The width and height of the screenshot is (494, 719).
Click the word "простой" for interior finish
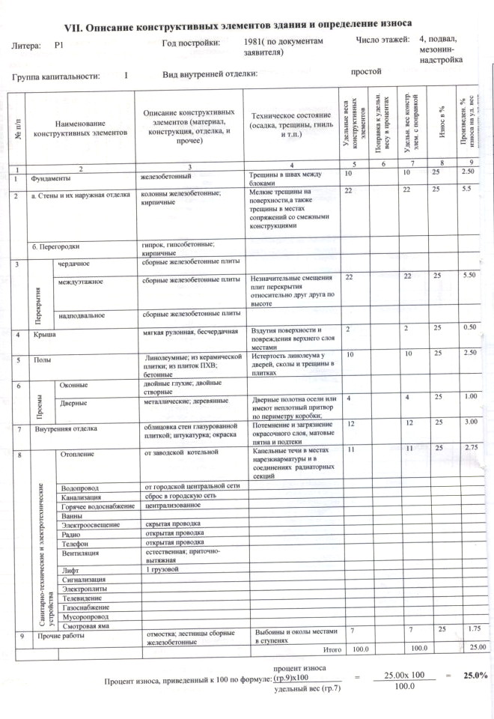tap(366, 72)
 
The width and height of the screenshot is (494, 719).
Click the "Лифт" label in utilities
tap(67, 570)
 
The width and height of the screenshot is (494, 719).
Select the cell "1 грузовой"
tap(163, 570)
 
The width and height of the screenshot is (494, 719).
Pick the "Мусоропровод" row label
tap(82, 616)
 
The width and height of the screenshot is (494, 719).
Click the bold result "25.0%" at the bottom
tap(475, 676)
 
